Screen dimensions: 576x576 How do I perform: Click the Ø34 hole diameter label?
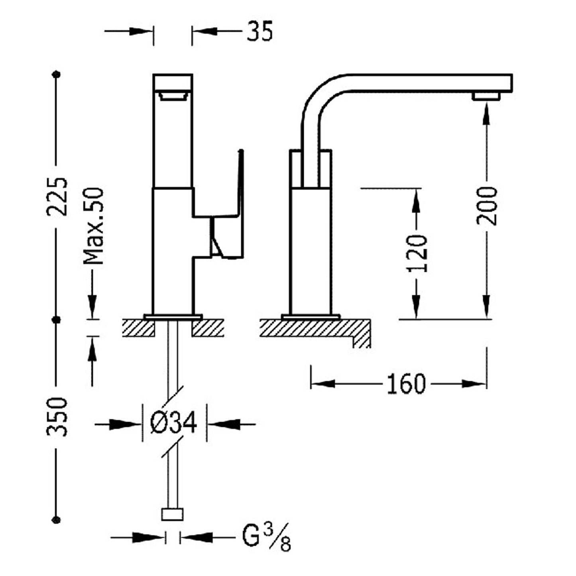(174, 423)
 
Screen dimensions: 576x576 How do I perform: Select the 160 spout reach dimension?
(406, 384)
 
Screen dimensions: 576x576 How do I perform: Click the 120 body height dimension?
(417, 254)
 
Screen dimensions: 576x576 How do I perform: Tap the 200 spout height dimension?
(487, 206)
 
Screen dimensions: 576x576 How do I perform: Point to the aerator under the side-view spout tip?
(486, 96)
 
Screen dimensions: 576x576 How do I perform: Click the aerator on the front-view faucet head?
(173, 96)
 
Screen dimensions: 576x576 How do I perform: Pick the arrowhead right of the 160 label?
(474, 384)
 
